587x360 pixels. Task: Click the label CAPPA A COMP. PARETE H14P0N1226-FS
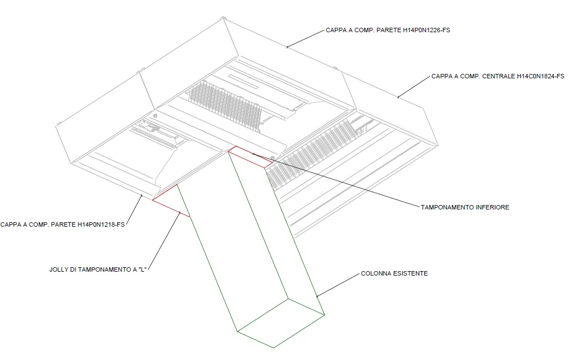(388, 31)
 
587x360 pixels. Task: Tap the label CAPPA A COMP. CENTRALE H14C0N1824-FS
(498, 76)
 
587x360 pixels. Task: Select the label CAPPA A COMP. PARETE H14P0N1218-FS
(63, 225)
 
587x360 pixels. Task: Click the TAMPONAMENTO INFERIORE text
(465, 207)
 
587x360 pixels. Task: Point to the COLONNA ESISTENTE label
(394, 274)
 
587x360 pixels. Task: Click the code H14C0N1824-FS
(537, 76)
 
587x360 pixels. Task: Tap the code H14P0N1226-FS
(426, 31)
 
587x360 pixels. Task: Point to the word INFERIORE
(491, 207)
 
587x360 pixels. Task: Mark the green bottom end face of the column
(280, 323)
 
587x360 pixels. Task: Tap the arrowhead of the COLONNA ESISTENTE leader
(317, 297)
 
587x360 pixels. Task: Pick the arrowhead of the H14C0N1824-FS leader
(398, 98)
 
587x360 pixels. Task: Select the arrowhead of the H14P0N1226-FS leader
(287, 48)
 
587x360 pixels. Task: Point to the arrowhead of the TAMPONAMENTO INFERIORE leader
(253, 153)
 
